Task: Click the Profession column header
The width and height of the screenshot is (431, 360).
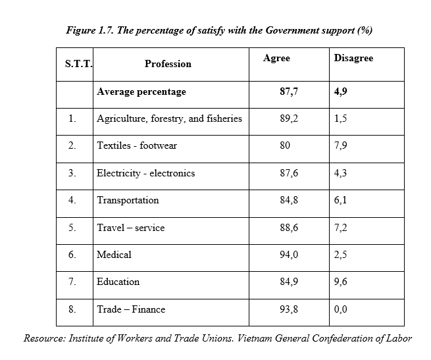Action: pyautogui.click(x=168, y=64)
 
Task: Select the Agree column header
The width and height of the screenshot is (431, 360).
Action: pyautogui.click(x=276, y=59)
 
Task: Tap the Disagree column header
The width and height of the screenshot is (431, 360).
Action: pyautogui.click(x=353, y=58)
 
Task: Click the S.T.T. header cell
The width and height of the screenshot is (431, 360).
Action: pyautogui.click(x=78, y=64)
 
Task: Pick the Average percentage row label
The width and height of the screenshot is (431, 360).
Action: pyautogui.click(x=141, y=92)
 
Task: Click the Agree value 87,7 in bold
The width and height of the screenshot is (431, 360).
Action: pyautogui.click(x=289, y=91)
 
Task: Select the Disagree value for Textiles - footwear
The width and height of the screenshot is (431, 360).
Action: pyautogui.click(x=341, y=145)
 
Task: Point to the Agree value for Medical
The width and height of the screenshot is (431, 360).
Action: pyautogui.click(x=289, y=255)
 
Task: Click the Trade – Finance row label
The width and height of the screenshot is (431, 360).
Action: pyautogui.click(x=131, y=309)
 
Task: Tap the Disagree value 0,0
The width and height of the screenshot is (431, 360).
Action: pyautogui.click(x=341, y=309)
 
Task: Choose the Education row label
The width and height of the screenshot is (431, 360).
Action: pyautogui.click(x=118, y=282)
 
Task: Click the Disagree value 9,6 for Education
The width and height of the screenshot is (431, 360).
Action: pyautogui.click(x=341, y=282)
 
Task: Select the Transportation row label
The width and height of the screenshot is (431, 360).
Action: pyautogui.click(x=128, y=200)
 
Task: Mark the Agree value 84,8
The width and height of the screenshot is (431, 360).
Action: pyautogui.click(x=289, y=200)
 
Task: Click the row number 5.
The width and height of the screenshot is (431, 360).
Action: pyautogui.click(x=72, y=228)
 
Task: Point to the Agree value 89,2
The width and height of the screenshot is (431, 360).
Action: pyautogui.click(x=289, y=118)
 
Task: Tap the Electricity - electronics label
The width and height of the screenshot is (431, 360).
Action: pyautogui.click(x=145, y=173)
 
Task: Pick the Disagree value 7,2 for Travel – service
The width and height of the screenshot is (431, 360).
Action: pyautogui.click(x=341, y=228)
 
